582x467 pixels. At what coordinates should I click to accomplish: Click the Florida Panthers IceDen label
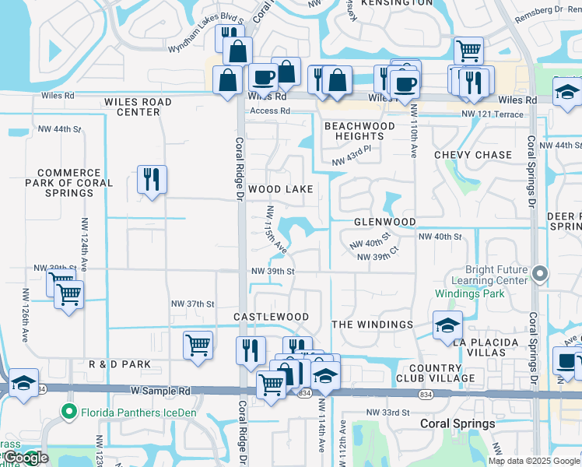pyautogui.click(x=129, y=412)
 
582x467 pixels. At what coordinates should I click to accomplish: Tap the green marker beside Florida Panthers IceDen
pyautogui.click(x=69, y=412)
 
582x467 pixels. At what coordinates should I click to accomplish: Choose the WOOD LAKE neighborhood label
pyautogui.click(x=281, y=189)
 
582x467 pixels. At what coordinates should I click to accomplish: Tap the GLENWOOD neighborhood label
pyautogui.click(x=384, y=222)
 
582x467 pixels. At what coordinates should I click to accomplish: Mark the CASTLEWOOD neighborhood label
pyautogui.click(x=272, y=318)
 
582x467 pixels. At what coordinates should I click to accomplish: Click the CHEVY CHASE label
pyautogui.click(x=473, y=155)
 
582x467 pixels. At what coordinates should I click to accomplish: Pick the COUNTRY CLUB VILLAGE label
pyautogui.click(x=440, y=373)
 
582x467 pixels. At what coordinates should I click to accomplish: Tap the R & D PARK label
pyautogui.click(x=119, y=364)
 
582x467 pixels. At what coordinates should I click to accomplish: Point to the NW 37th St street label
pyautogui.click(x=192, y=304)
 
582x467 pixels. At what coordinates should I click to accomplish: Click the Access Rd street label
pyautogui.click(x=269, y=111)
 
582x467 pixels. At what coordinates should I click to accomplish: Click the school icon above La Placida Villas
pyautogui.click(x=447, y=325)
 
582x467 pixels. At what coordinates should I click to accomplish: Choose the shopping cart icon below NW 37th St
pyautogui.click(x=198, y=344)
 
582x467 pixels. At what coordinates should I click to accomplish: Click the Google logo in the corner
pyautogui.click(x=25, y=458)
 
